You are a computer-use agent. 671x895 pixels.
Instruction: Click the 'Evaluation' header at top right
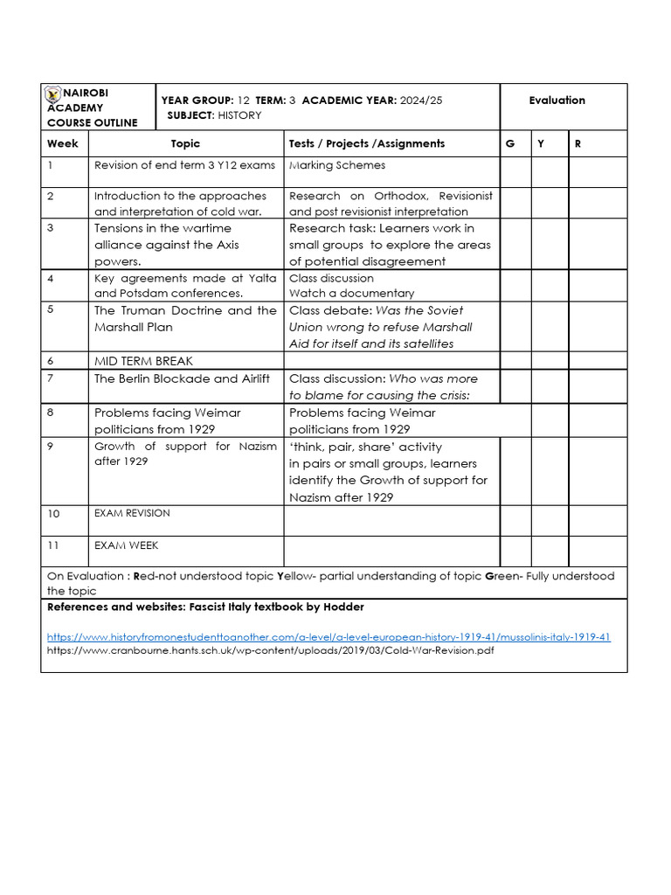[557, 101]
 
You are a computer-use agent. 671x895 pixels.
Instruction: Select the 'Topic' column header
[185, 143]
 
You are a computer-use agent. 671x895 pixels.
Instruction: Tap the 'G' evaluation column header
[509, 143]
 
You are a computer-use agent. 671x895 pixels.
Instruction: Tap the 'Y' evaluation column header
[540, 143]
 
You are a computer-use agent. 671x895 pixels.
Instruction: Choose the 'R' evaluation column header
[578, 143]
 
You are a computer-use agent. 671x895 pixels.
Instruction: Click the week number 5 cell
[51, 309]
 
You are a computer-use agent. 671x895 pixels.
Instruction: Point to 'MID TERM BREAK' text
[143, 361]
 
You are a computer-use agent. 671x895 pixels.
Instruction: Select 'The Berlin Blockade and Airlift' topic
[182, 378]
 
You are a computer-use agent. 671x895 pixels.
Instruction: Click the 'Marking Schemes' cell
[337, 165]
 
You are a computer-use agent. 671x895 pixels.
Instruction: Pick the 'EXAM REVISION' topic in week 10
[132, 513]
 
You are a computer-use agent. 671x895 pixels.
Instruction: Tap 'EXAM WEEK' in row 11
[126, 545]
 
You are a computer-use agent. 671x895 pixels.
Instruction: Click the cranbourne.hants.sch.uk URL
[271, 651]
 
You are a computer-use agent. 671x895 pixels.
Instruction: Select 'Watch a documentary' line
[351, 294]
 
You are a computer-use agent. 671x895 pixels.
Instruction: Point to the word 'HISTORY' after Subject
[239, 115]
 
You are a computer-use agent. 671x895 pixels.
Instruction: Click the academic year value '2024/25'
[421, 101]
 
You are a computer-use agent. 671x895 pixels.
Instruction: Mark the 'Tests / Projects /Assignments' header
[367, 143]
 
